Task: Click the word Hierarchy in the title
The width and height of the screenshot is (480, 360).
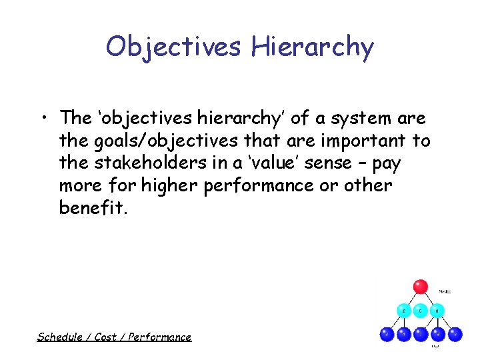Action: pos(312,47)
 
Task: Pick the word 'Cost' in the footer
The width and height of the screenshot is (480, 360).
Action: pos(105,337)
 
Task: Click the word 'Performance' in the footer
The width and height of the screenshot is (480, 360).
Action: pos(159,337)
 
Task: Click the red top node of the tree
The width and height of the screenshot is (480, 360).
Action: pos(420,287)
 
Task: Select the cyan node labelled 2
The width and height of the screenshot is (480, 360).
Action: pos(403,310)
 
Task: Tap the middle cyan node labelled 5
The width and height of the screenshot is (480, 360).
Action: pos(421,310)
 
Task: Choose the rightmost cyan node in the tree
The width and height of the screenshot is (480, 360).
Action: pos(437,310)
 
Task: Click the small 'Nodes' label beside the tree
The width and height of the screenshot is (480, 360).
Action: pos(445,291)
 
